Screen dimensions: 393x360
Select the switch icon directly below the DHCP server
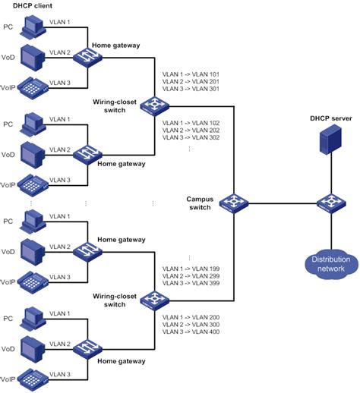tap(330, 203)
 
